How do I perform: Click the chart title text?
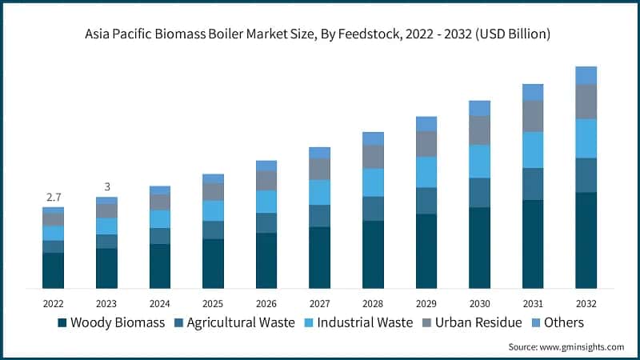[320, 35]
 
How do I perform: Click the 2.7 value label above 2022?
[53, 197]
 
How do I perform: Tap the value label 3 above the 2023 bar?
[106, 186]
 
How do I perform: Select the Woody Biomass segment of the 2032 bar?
[586, 240]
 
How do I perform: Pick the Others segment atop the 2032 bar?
[586, 75]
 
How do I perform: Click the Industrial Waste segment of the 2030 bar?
[479, 161]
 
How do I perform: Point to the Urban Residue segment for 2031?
[533, 116]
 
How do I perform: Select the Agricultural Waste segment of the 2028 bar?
[373, 208]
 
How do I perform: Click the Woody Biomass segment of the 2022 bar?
[53, 270]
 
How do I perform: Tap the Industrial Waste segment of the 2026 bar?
[266, 202]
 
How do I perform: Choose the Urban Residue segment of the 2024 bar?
[160, 202]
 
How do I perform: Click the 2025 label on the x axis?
[213, 304]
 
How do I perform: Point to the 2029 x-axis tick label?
[426, 304]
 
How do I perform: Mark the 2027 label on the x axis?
[320, 304]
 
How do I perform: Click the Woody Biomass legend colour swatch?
[62, 323]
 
